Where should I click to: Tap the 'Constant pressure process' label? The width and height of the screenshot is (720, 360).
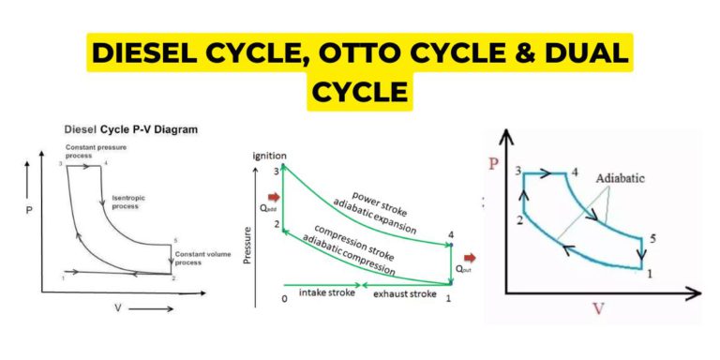pyautogui.click(x=87, y=153)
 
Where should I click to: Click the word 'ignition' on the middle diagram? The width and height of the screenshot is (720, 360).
pyautogui.click(x=269, y=156)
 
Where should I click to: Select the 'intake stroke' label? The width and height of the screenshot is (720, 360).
pyautogui.click(x=325, y=293)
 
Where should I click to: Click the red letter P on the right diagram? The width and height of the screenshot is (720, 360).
pyautogui.click(x=493, y=164)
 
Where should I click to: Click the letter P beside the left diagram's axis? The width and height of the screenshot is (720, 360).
pyautogui.click(x=29, y=212)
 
